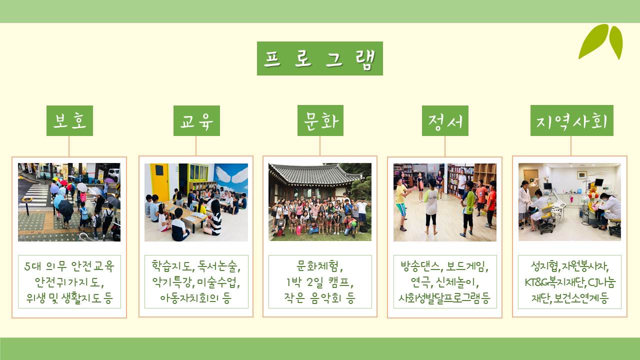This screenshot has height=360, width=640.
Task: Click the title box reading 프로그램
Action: pyautogui.click(x=319, y=58)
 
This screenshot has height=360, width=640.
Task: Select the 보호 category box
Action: pyautogui.click(x=69, y=120)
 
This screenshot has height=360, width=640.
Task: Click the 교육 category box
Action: pyautogui.click(x=196, y=120)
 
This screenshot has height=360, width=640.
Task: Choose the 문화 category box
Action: pyautogui.click(x=320, y=120)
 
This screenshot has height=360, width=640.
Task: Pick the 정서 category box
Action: pyautogui.click(x=445, y=120)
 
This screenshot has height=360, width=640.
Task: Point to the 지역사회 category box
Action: pyautogui.click(x=571, y=120)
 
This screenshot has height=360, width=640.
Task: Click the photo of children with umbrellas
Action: pyautogui.click(x=69, y=202)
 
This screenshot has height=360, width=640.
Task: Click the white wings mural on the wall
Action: pyautogui.click(x=231, y=174)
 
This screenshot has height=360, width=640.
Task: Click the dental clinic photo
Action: pyautogui.click(x=569, y=202)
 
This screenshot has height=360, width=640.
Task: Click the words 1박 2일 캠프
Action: pyautogui.click(x=319, y=282)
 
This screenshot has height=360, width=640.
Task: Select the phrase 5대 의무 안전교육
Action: pyautogui.click(x=69, y=266)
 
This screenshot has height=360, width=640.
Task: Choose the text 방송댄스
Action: pyautogui.click(x=420, y=266)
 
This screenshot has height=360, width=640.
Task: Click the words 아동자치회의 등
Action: pyautogui.click(x=195, y=298)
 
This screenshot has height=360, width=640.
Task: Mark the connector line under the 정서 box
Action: pyautogui.click(x=445, y=146)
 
